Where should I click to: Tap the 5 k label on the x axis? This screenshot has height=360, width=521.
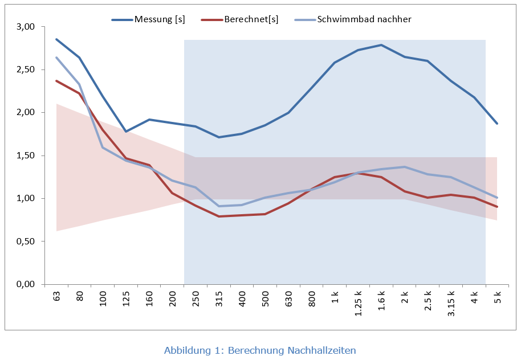coord(498,297)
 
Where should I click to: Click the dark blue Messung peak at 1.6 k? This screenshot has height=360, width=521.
coord(381,45)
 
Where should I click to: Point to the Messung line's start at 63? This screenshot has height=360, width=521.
coord(56,39)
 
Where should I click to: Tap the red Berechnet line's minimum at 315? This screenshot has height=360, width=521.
coord(219,216)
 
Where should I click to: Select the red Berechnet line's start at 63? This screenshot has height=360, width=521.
coord(56,81)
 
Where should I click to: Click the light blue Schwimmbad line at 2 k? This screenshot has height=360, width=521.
coord(405,167)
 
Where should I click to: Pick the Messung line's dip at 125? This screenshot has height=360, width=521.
coord(126,132)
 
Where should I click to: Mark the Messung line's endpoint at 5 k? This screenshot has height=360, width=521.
coord(498,124)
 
